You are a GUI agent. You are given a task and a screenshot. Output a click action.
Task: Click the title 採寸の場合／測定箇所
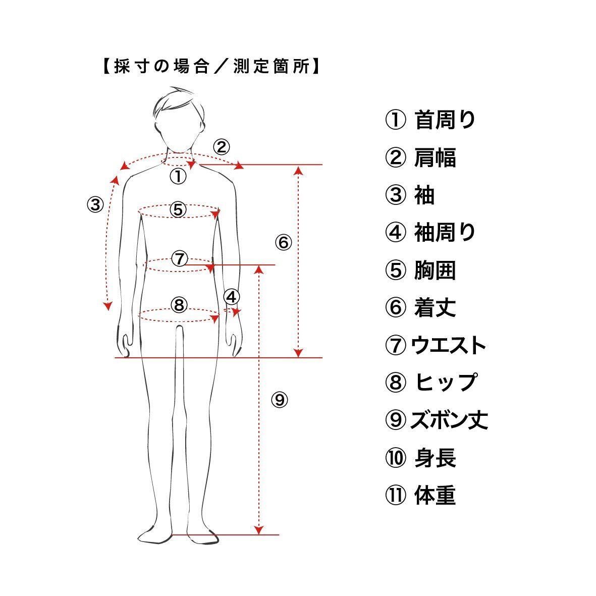click(211, 67)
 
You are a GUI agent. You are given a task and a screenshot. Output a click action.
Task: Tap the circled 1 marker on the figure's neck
click(178, 176)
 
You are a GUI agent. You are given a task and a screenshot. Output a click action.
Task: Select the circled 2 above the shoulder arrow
click(221, 147)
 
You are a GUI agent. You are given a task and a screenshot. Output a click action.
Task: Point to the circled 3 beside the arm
click(95, 204)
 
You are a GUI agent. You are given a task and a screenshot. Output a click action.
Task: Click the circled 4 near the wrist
click(231, 297)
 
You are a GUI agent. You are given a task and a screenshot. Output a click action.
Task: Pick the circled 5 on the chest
click(178, 209)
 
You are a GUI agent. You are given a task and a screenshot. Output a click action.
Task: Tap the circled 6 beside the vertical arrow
click(283, 243)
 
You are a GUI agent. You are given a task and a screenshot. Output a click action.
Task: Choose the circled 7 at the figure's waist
click(179, 258)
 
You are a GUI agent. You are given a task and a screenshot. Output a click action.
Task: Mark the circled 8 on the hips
click(179, 304)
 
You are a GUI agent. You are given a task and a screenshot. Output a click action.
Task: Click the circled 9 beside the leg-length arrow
click(279, 400)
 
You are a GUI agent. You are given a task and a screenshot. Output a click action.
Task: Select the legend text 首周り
click(445, 120)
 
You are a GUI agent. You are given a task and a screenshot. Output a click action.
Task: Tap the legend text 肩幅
click(435, 157)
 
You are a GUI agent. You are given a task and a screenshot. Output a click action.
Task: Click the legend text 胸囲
click(435, 270)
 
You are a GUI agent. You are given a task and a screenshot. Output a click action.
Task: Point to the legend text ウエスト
click(449, 345)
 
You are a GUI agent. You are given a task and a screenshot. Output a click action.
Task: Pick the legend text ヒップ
click(446, 383)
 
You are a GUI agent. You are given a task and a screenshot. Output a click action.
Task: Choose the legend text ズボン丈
click(449, 420)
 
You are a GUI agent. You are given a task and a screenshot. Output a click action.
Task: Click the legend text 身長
click(435, 458)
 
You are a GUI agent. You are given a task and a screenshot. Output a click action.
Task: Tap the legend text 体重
click(435, 495)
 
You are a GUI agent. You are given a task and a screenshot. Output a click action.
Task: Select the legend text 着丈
click(435, 308)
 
